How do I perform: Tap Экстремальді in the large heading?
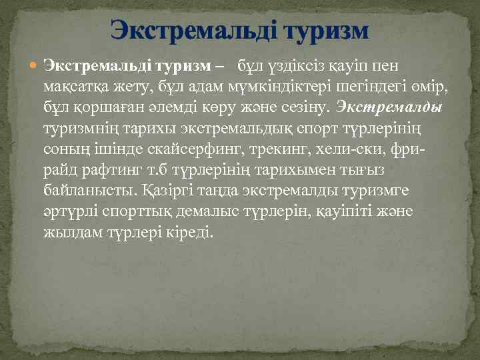(194, 30)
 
